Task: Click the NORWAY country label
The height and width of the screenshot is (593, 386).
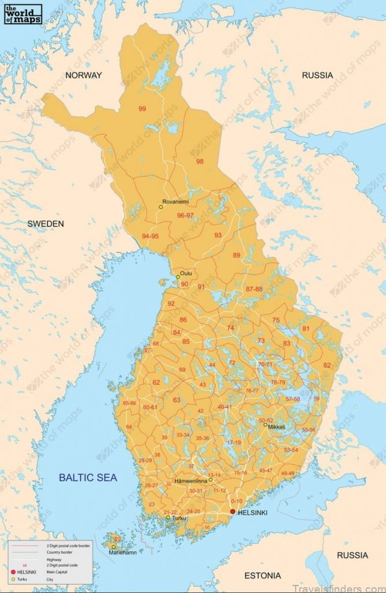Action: pyautogui.click(x=83, y=75)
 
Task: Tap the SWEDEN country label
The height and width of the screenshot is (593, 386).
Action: pyautogui.click(x=46, y=224)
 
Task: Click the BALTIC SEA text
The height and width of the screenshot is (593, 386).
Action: pyautogui.click(x=88, y=478)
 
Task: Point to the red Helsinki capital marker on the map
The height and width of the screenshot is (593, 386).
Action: pyautogui.click(x=233, y=512)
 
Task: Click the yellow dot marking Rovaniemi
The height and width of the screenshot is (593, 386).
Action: pyautogui.click(x=161, y=207)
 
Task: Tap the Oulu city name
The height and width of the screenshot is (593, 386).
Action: pyautogui.click(x=186, y=273)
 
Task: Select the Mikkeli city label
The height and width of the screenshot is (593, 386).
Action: pyautogui.click(x=275, y=426)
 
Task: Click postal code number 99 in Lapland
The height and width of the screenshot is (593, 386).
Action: pyautogui.click(x=142, y=108)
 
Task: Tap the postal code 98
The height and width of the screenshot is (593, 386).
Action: pyautogui.click(x=200, y=162)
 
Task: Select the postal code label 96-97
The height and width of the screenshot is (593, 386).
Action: pyautogui.click(x=186, y=215)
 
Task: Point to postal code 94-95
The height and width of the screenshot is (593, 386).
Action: pyautogui.click(x=150, y=236)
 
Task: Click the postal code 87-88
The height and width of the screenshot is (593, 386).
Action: pyautogui.click(x=254, y=288)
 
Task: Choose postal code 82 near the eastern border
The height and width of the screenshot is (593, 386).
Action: pyautogui.click(x=327, y=365)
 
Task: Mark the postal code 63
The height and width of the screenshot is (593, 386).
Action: pyautogui.click(x=177, y=400)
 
